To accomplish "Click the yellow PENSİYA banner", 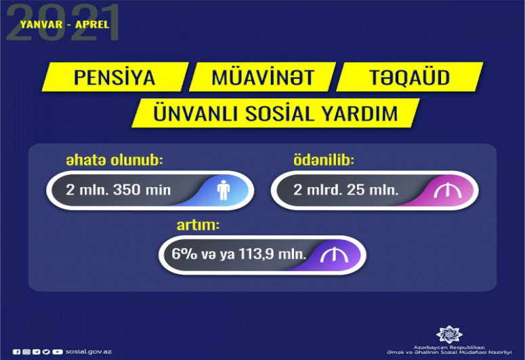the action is point(115,77).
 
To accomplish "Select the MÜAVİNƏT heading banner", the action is point(263,77).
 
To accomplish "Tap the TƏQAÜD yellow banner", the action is point(409,77).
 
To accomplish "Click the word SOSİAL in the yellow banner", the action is point(280,113).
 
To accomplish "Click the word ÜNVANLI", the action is point(196,113).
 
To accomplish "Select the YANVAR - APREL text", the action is point(64,24).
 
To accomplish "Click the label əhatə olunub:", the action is point(114,160).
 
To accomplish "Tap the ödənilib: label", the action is point(324,160).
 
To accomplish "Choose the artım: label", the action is point(198,225).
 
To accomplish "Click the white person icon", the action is point(224,191).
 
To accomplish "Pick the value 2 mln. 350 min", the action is point(119,190).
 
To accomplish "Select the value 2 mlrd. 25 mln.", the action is point(346,190).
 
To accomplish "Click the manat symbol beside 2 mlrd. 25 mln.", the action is point(448,191).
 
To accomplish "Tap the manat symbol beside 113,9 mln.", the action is point(334,256).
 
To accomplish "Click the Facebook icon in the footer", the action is point(16,352).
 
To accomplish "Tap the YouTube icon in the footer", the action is point(58,352).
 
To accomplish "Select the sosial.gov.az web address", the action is point(89,352).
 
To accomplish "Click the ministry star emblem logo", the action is point(449,334).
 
